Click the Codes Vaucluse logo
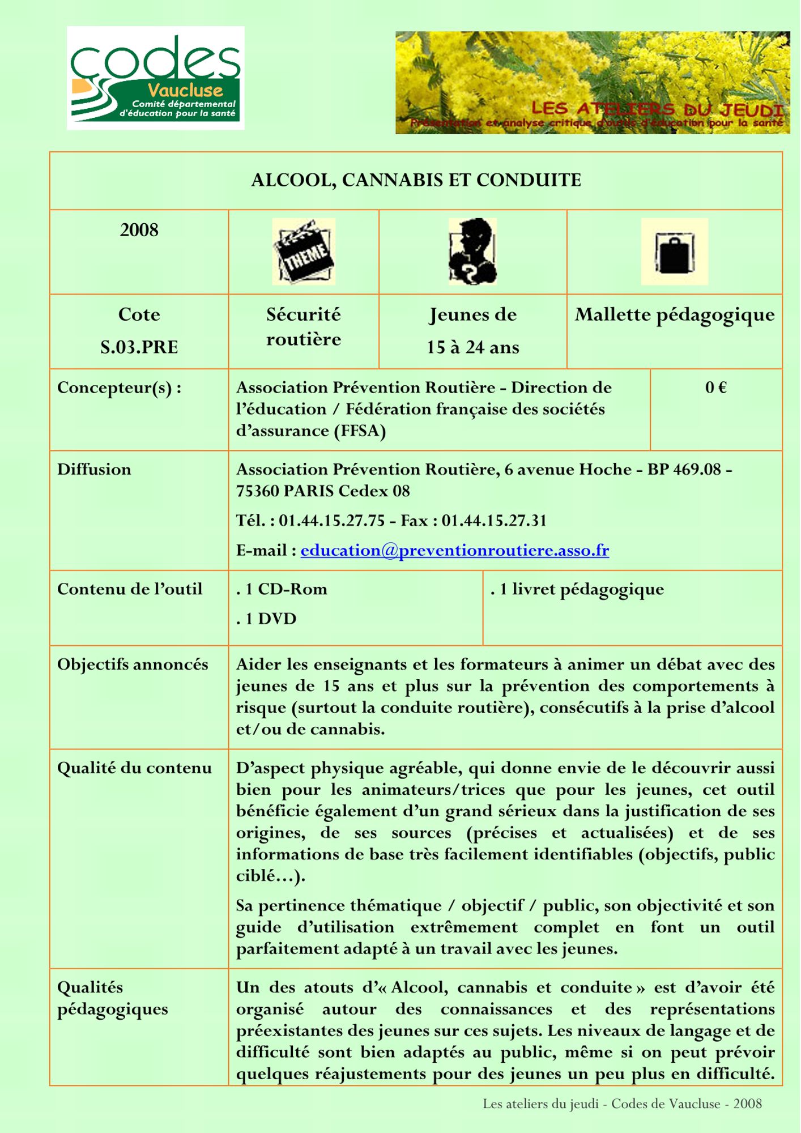pyautogui.click(x=155, y=78)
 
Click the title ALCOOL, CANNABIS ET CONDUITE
pyautogui.click(x=416, y=180)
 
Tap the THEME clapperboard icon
pyautogui.click(x=304, y=252)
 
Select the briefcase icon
pyautogui.click(x=674, y=252)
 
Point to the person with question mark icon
pyautogui.click(x=472, y=252)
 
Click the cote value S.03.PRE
pyautogui.click(x=139, y=347)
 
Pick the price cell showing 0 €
pyautogui.click(x=715, y=387)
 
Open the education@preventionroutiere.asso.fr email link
pyautogui.click(x=454, y=551)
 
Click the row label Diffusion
pyautogui.click(x=94, y=470)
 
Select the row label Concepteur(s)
pyautogui.click(x=119, y=388)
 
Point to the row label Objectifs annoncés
pyautogui.click(x=133, y=665)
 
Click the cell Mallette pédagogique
pyautogui.click(x=674, y=315)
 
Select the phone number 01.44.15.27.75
pyautogui.click(x=331, y=521)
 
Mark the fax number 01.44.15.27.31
pyautogui.click(x=494, y=521)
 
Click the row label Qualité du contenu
pyautogui.click(x=134, y=768)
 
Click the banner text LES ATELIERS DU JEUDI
pyautogui.click(x=657, y=109)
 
